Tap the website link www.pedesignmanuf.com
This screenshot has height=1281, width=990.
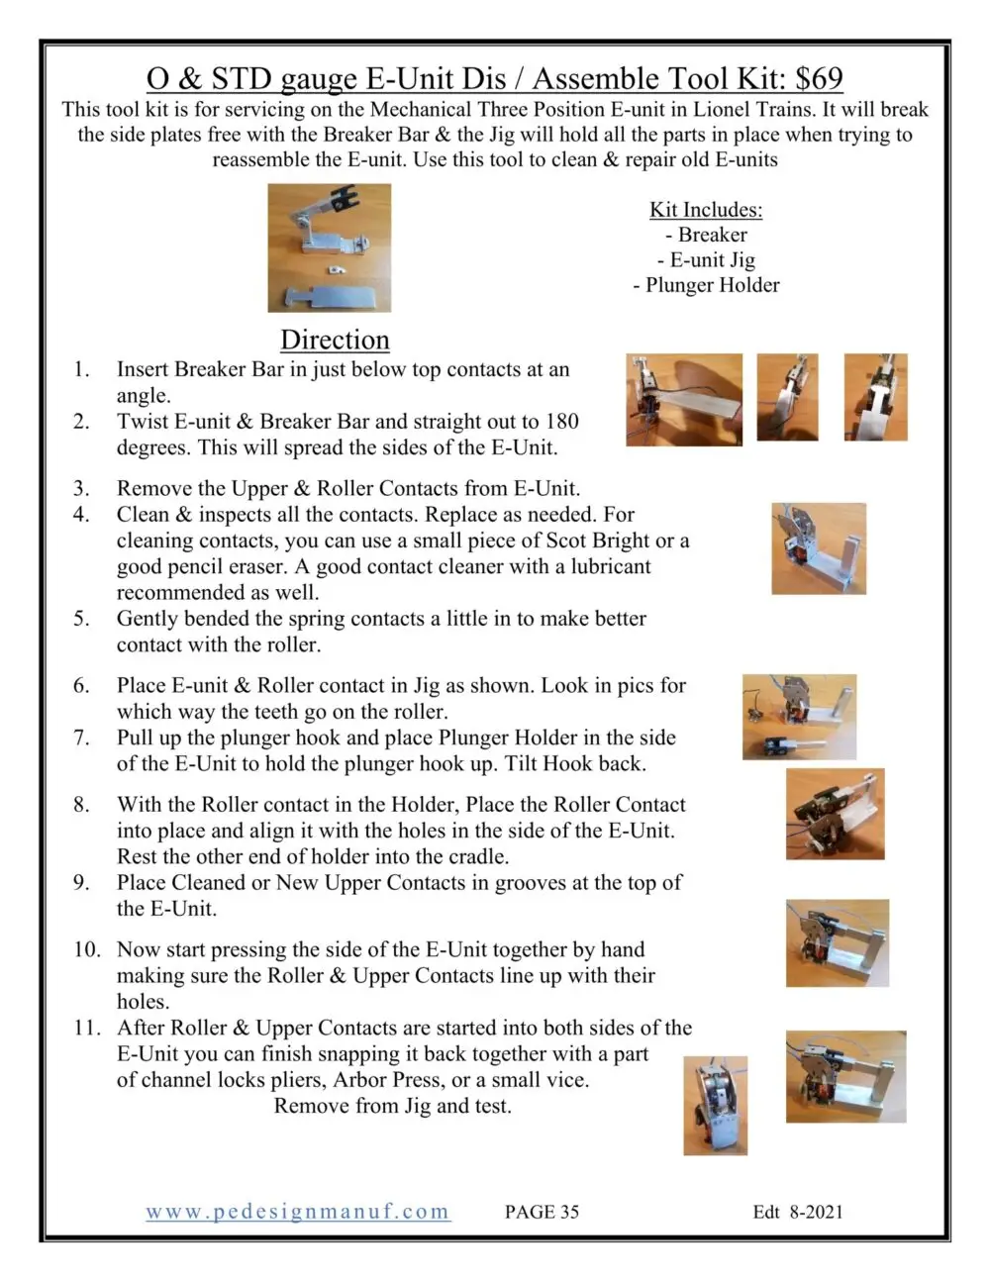click(x=298, y=1211)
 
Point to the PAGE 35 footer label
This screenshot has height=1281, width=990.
click(x=542, y=1211)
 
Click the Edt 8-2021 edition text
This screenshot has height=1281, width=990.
click(x=798, y=1211)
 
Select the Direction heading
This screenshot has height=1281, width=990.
click(x=335, y=340)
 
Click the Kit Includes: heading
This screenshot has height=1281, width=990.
click(x=706, y=210)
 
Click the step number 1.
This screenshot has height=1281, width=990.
click(x=81, y=369)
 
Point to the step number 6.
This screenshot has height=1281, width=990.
click(x=81, y=685)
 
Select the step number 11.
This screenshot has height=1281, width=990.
click(x=86, y=1028)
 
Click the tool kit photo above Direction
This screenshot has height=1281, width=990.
click(x=330, y=247)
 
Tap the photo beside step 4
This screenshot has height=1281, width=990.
click(x=819, y=548)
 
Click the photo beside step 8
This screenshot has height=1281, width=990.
click(x=835, y=814)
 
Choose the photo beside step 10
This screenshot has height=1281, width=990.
click(x=837, y=942)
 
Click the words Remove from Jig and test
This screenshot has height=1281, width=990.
click(x=392, y=1106)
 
